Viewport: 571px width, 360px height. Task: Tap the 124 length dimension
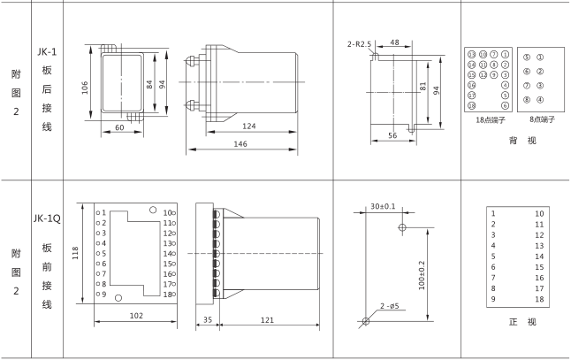(249, 127)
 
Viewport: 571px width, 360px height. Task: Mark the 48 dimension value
(395, 41)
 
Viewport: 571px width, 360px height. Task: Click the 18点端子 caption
(487, 118)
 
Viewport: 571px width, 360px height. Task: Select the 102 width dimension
(136, 314)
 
